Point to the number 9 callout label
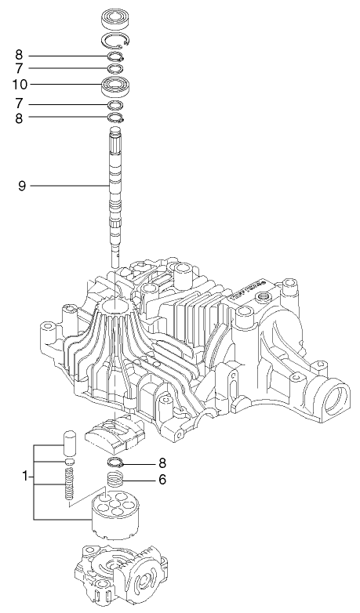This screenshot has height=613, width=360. (x=22, y=186)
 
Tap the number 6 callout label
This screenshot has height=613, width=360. (x=162, y=478)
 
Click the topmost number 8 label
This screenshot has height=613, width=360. (x=20, y=55)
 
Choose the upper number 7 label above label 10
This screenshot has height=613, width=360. (x=20, y=70)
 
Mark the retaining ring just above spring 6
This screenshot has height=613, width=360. (x=116, y=462)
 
